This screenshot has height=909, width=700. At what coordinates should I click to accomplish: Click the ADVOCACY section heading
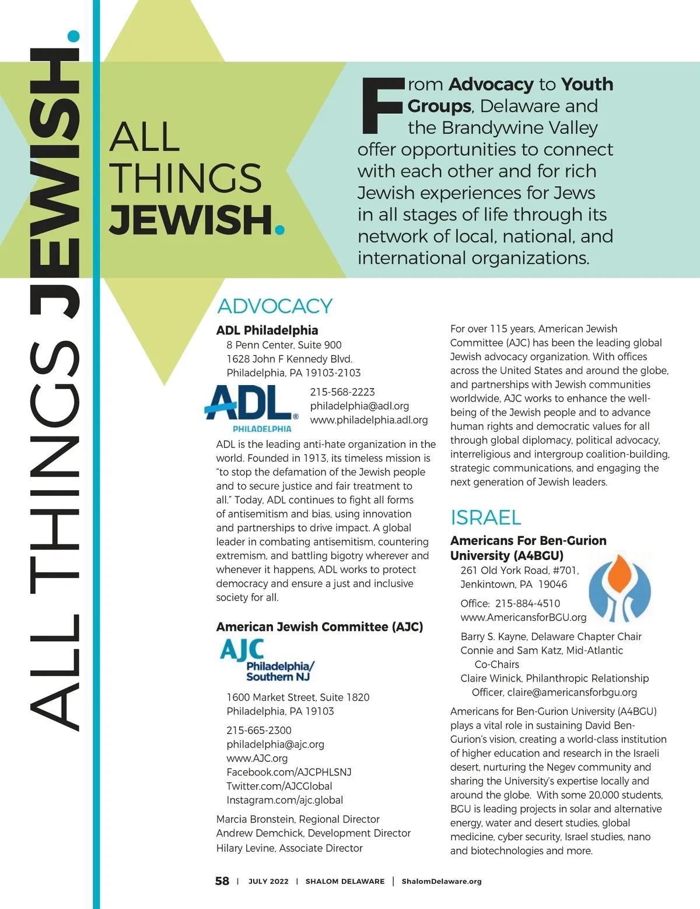(275, 306)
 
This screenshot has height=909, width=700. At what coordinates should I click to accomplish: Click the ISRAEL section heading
(486, 518)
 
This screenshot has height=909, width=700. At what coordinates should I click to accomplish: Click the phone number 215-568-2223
(342, 392)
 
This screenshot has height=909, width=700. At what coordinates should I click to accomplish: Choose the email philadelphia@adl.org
(359, 406)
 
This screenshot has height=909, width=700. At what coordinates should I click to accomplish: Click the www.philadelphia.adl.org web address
(369, 420)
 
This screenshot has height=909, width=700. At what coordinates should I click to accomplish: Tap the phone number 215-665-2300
(259, 730)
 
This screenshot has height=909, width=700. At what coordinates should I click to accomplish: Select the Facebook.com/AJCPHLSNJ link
(289, 772)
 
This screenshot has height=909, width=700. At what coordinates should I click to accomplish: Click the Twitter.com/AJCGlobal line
(279, 786)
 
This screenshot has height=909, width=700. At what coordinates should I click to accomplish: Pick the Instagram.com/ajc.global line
(285, 800)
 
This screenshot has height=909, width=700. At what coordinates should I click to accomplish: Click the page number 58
(222, 881)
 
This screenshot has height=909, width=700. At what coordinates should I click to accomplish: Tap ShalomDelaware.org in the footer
(442, 882)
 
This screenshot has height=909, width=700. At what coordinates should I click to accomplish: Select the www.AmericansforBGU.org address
(523, 617)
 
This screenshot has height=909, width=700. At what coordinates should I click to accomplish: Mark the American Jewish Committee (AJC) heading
(320, 627)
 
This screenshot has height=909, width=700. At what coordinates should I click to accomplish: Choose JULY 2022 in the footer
(268, 882)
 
